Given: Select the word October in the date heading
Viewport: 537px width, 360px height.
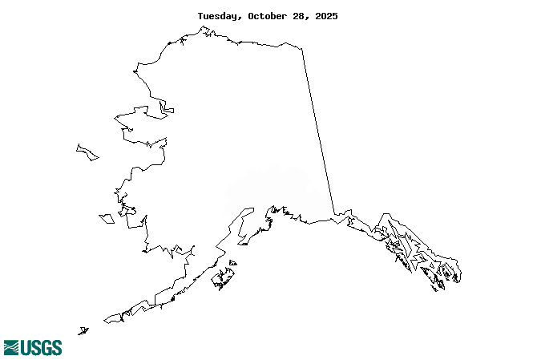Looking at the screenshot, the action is [271, 16].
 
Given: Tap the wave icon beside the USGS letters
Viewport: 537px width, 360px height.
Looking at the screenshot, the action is [11, 347].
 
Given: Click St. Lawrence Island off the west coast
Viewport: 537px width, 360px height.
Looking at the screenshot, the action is [87, 152].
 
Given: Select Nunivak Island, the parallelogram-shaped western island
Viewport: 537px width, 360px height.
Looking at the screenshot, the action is [106, 217].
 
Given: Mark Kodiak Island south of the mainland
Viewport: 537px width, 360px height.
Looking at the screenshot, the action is [222, 279].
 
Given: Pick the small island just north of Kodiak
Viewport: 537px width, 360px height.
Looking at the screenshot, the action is [232, 262].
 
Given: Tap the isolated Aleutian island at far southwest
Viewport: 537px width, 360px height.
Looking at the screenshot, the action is [83, 330].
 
